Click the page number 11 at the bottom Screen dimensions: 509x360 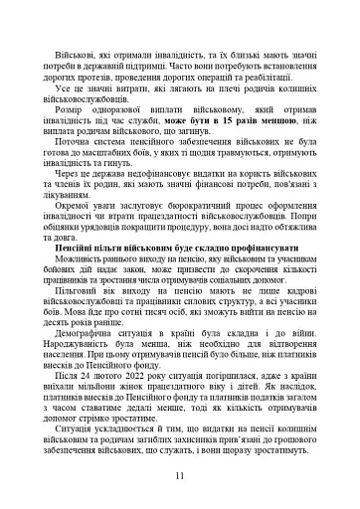pos(179,475)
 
